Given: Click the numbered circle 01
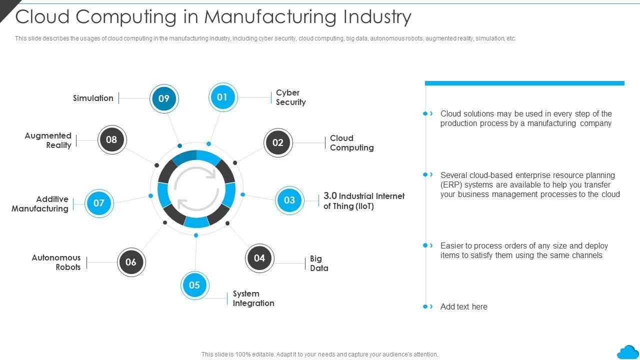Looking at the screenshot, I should click(x=222, y=97).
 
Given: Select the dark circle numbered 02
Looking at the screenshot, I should click(x=278, y=142).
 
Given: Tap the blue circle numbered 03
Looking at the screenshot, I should click(x=289, y=200).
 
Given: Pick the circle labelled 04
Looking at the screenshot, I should click(x=259, y=258).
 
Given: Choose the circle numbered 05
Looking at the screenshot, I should click(x=194, y=285).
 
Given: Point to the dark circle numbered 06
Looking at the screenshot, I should click(x=131, y=262).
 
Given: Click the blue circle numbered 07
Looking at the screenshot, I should click(x=99, y=203).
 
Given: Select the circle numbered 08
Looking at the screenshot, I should click(x=111, y=139).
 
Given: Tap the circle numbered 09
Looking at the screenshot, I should click(x=164, y=98).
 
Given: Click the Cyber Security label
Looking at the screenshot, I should click(x=290, y=97).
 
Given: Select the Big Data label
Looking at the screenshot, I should click(x=319, y=263).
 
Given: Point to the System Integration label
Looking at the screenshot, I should click(x=253, y=298).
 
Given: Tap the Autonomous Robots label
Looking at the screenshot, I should click(x=56, y=262).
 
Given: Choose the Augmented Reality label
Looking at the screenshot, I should click(x=48, y=140).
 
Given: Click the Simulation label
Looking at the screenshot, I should click(x=93, y=98).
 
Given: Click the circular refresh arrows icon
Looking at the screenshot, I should click(x=196, y=189).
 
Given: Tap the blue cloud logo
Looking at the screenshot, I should click(x=627, y=352).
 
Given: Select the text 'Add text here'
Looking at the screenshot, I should click(x=463, y=307).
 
